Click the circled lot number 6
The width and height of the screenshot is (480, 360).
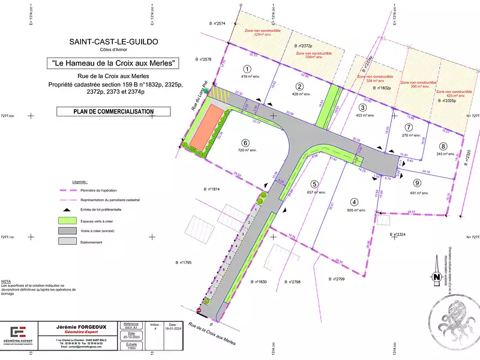coord(245,142)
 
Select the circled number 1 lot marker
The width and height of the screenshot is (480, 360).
coord(247,69)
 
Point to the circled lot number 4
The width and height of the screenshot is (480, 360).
coord(355,202)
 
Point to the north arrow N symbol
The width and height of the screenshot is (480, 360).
coord(436,277)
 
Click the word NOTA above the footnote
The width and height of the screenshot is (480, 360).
coord(6,281)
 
